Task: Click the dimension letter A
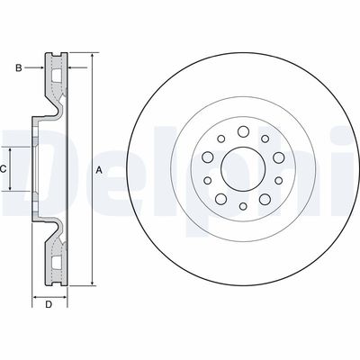(99, 170)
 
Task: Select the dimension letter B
(19, 68)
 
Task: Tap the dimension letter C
(3, 169)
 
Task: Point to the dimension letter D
(49, 304)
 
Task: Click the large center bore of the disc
(243, 169)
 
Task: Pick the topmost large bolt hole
(243, 131)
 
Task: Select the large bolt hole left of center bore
(208, 157)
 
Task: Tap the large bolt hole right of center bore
(279, 157)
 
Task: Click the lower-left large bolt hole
(221, 199)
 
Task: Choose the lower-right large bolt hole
(265, 199)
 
